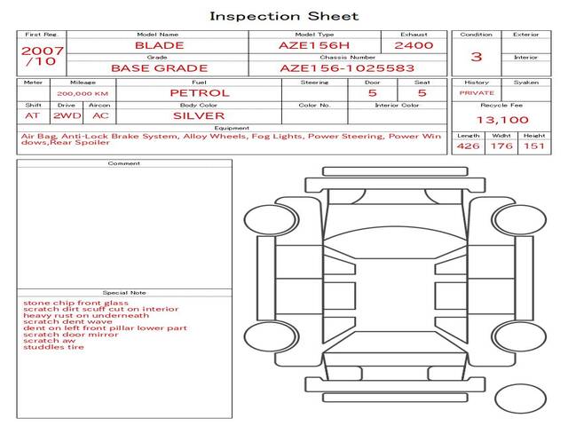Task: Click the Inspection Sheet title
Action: coord(284,16)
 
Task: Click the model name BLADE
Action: coord(160,45)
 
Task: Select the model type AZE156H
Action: coord(314,45)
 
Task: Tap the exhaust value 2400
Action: coord(414,45)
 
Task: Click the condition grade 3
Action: coord(477,57)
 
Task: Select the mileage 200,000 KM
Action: coord(83,93)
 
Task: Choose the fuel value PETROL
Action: coord(199,92)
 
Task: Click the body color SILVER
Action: coord(199,115)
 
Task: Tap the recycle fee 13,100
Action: coord(502,120)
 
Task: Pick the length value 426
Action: coord(468,146)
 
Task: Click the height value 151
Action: coord(533,146)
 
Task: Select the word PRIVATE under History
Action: coord(477,92)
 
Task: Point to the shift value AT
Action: coord(32,115)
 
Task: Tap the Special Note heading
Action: coord(124,292)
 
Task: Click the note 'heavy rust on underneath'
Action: coord(86,315)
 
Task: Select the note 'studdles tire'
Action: coord(54,347)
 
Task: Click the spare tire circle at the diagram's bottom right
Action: coord(520,398)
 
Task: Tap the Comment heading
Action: coord(124,163)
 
